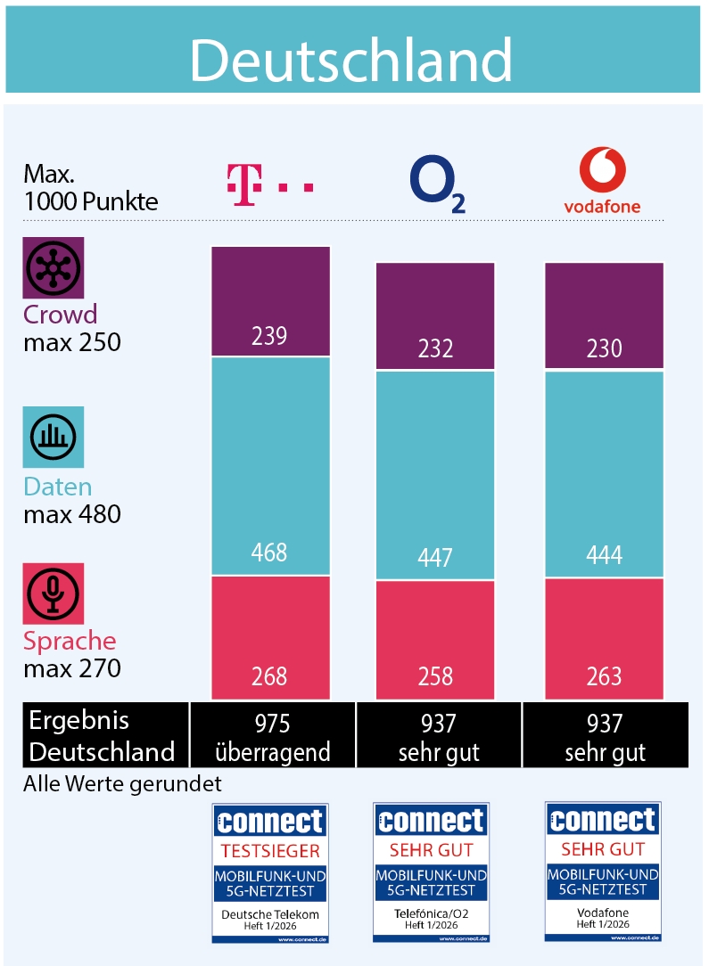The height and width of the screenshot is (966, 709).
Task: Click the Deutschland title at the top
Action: pyautogui.click(x=351, y=61)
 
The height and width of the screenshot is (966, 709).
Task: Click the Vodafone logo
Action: pyautogui.click(x=602, y=182)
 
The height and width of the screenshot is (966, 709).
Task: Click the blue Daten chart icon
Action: pyautogui.click(x=54, y=437)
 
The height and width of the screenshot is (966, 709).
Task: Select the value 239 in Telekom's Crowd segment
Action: pyautogui.click(x=269, y=335)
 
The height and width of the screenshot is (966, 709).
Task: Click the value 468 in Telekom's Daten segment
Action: pyautogui.click(x=269, y=552)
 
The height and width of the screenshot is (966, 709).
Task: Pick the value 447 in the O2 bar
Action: pyautogui.click(x=435, y=557)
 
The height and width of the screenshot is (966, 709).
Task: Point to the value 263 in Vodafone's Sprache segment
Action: pyautogui.click(x=604, y=676)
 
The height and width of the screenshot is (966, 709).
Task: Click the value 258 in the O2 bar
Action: pyautogui.click(x=435, y=676)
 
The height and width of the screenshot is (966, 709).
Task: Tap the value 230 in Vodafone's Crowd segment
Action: pyautogui.click(x=604, y=348)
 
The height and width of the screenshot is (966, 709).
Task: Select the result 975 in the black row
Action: pyautogui.click(x=272, y=722)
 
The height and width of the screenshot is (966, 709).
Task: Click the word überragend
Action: pyautogui.click(x=272, y=751)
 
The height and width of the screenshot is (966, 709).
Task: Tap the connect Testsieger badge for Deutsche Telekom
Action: pyautogui.click(x=270, y=872)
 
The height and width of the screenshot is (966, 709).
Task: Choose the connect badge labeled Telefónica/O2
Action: pyautogui.click(x=432, y=872)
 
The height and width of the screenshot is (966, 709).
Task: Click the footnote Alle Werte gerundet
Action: pyautogui.click(x=122, y=783)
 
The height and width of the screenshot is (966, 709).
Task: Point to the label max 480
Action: pyautogui.click(x=72, y=514)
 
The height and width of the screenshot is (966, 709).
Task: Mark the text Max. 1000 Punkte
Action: pyautogui.click(x=90, y=186)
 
